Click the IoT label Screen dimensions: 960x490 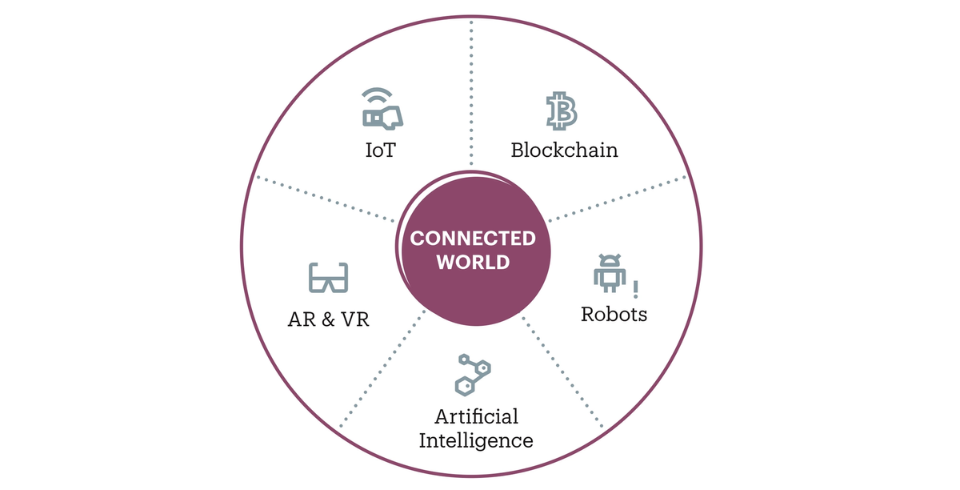point(381,150)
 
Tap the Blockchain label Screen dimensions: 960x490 point(565,150)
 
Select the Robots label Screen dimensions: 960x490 point(614,314)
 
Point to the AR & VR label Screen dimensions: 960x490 point(328,319)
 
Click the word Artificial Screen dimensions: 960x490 point(477,416)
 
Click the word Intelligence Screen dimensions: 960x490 point(476,440)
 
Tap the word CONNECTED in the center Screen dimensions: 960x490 point(473,239)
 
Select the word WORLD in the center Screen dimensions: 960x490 point(473,262)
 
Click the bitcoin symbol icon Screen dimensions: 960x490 point(562,110)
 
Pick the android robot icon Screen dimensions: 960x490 point(610,273)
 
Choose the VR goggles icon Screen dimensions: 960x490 point(328,278)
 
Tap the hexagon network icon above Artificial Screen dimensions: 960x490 point(472,375)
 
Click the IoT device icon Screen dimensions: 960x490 point(382,118)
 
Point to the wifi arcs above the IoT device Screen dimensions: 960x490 point(377,95)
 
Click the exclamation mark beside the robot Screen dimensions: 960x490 point(635,290)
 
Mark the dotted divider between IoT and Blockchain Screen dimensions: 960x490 point(471,92)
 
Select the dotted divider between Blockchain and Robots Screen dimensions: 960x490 point(618,199)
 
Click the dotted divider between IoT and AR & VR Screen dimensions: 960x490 point(326,199)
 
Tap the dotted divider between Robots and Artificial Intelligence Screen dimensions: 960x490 point(562,372)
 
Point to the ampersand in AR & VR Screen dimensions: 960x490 point(328,319)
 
